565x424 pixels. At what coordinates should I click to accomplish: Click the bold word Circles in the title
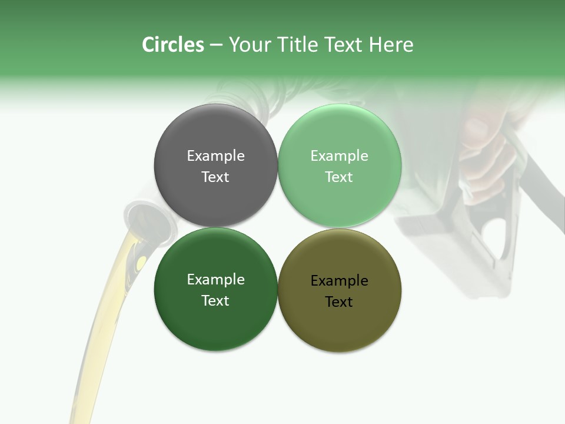click(x=173, y=45)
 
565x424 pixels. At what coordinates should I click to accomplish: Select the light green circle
click(x=340, y=200)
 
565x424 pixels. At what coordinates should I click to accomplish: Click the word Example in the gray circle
click(x=215, y=155)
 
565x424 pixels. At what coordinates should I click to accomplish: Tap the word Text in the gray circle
click(x=215, y=177)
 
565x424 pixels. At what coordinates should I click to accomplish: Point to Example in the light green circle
click(x=340, y=155)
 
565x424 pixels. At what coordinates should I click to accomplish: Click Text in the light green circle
click(x=340, y=177)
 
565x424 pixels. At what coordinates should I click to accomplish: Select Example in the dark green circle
click(x=215, y=279)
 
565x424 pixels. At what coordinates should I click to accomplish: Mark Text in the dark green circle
click(x=215, y=300)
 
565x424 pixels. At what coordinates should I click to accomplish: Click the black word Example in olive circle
click(x=340, y=280)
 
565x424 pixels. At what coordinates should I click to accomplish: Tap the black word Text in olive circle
click(x=340, y=302)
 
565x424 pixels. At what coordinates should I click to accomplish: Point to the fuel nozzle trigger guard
click(x=497, y=236)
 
